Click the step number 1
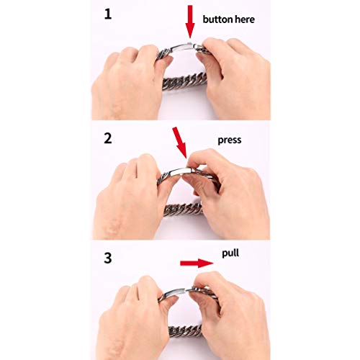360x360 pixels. [108, 14]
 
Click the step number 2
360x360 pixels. [108, 138]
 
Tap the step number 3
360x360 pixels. [108, 258]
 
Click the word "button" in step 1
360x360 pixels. [217, 19]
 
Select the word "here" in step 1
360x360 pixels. [245, 19]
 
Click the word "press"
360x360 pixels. [230, 140]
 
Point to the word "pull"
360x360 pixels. [230, 253]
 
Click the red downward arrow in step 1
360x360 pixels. [190, 22]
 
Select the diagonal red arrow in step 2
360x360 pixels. [180, 143]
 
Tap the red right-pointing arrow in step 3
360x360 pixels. [197, 264]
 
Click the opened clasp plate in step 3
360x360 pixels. [174, 293]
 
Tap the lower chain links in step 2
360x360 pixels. [184, 209]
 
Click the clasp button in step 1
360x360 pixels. [190, 43]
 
